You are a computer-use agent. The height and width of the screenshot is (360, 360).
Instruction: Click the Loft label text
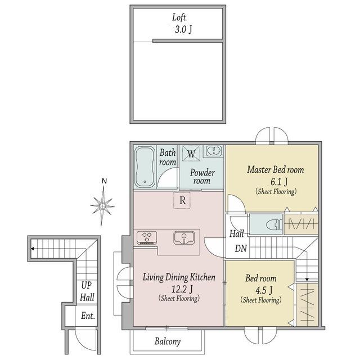pos(179,17)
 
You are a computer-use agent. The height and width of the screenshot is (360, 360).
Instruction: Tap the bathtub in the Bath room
pos(145,167)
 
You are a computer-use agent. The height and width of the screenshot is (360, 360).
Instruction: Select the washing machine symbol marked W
pos(191,154)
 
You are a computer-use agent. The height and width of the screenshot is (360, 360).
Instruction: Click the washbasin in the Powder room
pos(214,151)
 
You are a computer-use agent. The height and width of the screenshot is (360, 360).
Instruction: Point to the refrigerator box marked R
pos(182,200)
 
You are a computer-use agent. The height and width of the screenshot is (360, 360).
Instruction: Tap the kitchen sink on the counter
pos(184,237)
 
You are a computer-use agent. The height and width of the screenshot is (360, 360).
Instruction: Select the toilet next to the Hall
pos(274,224)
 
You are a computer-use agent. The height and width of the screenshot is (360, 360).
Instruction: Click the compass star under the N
pos(102,206)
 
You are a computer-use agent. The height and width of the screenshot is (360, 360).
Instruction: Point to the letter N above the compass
pos(104,181)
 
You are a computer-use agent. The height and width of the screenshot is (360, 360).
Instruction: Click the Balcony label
pos(168,341)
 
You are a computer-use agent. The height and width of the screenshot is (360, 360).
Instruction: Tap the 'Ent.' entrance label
pos(88,316)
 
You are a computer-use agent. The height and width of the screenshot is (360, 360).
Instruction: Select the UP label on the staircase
pos(86,285)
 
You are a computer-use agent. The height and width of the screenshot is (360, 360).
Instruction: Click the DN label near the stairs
pos(241,248)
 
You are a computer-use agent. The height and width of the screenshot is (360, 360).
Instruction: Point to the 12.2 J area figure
pos(182,289)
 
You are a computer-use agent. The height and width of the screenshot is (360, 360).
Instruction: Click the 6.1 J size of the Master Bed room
pos(279,182)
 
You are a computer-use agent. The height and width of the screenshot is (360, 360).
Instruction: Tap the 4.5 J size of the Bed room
pos(264,290)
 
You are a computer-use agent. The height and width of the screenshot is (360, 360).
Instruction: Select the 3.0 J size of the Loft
pos(183,29)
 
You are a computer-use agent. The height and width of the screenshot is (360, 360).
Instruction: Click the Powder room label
pos(202,177)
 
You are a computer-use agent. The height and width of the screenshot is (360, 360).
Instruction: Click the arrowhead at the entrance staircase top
pos(33,249)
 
